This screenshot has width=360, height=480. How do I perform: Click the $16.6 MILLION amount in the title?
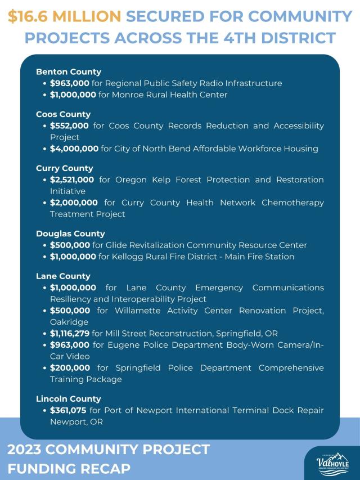point(64,16)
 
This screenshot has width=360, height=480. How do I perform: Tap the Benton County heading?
point(69,71)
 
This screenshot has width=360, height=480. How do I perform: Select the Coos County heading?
point(63,114)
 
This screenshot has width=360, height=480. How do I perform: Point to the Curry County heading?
point(64,168)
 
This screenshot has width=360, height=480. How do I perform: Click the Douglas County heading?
point(70,234)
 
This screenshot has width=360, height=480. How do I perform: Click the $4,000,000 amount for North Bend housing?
point(74,149)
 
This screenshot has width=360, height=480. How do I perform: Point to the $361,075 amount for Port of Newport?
point(68,410)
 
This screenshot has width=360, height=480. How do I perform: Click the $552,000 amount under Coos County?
point(69,125)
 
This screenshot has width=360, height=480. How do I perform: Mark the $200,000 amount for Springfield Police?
point(70,367)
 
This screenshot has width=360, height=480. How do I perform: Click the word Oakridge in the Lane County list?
point(69,322)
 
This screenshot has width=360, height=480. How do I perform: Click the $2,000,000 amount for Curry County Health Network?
point(74,203)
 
